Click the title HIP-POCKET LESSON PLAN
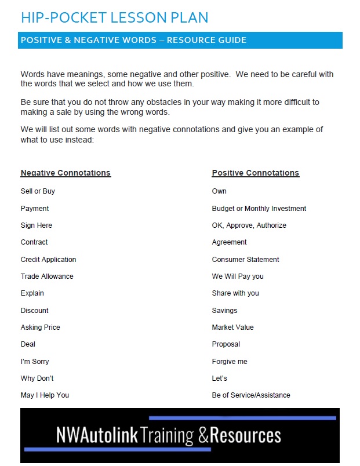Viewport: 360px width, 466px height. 114,17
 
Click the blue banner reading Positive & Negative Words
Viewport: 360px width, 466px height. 133,40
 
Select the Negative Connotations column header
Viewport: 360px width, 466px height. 66,173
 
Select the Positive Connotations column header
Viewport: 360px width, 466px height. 256,173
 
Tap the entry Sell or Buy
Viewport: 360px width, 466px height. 38,191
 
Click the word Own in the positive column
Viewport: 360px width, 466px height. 219,191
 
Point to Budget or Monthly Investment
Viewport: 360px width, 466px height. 259,209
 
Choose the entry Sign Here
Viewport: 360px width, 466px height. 37,225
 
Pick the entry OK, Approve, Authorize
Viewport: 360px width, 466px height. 249,225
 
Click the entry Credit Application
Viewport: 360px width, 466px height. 48,260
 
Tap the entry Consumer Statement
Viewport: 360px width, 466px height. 246,260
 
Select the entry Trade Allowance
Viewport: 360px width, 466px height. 47,276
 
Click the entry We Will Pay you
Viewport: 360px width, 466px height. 238,276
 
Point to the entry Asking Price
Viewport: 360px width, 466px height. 41,327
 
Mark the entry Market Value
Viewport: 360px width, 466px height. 233,327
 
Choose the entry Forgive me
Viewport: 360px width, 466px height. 230,362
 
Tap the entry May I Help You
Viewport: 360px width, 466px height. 45,395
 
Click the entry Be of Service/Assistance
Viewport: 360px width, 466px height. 251,395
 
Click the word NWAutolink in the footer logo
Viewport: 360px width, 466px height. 97,435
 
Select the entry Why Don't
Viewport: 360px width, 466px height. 37,378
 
